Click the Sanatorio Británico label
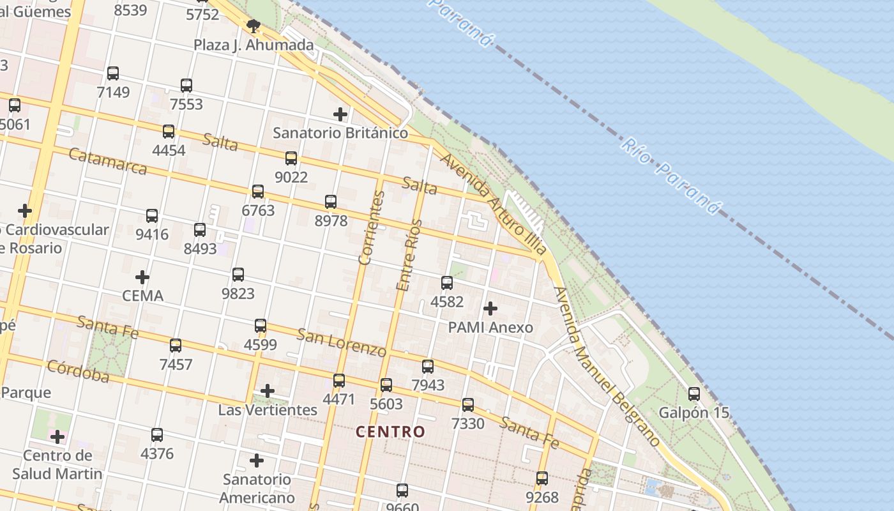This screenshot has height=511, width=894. (340, 133)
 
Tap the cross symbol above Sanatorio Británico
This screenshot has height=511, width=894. (340, 114)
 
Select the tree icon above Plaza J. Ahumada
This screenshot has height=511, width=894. (254, 26)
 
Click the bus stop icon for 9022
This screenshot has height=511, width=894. (291, 158)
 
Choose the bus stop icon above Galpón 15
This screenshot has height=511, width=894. (694, 394)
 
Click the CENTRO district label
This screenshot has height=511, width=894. (390, 432)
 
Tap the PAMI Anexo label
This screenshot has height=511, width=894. (490, 328)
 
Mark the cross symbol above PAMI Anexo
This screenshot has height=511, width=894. (490, 309)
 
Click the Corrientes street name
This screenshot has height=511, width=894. (370, 228)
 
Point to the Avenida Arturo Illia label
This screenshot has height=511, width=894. (494, 204)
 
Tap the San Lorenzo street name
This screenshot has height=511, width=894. (342, 342)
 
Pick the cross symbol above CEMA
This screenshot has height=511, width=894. (142, 277)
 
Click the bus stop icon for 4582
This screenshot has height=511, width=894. (447, 282)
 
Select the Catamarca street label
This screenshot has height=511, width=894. (107, 162)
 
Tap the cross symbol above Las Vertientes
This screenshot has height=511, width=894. (268, 391)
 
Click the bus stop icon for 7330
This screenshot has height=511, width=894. (468, 404)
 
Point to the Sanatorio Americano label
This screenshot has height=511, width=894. (257, 488)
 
